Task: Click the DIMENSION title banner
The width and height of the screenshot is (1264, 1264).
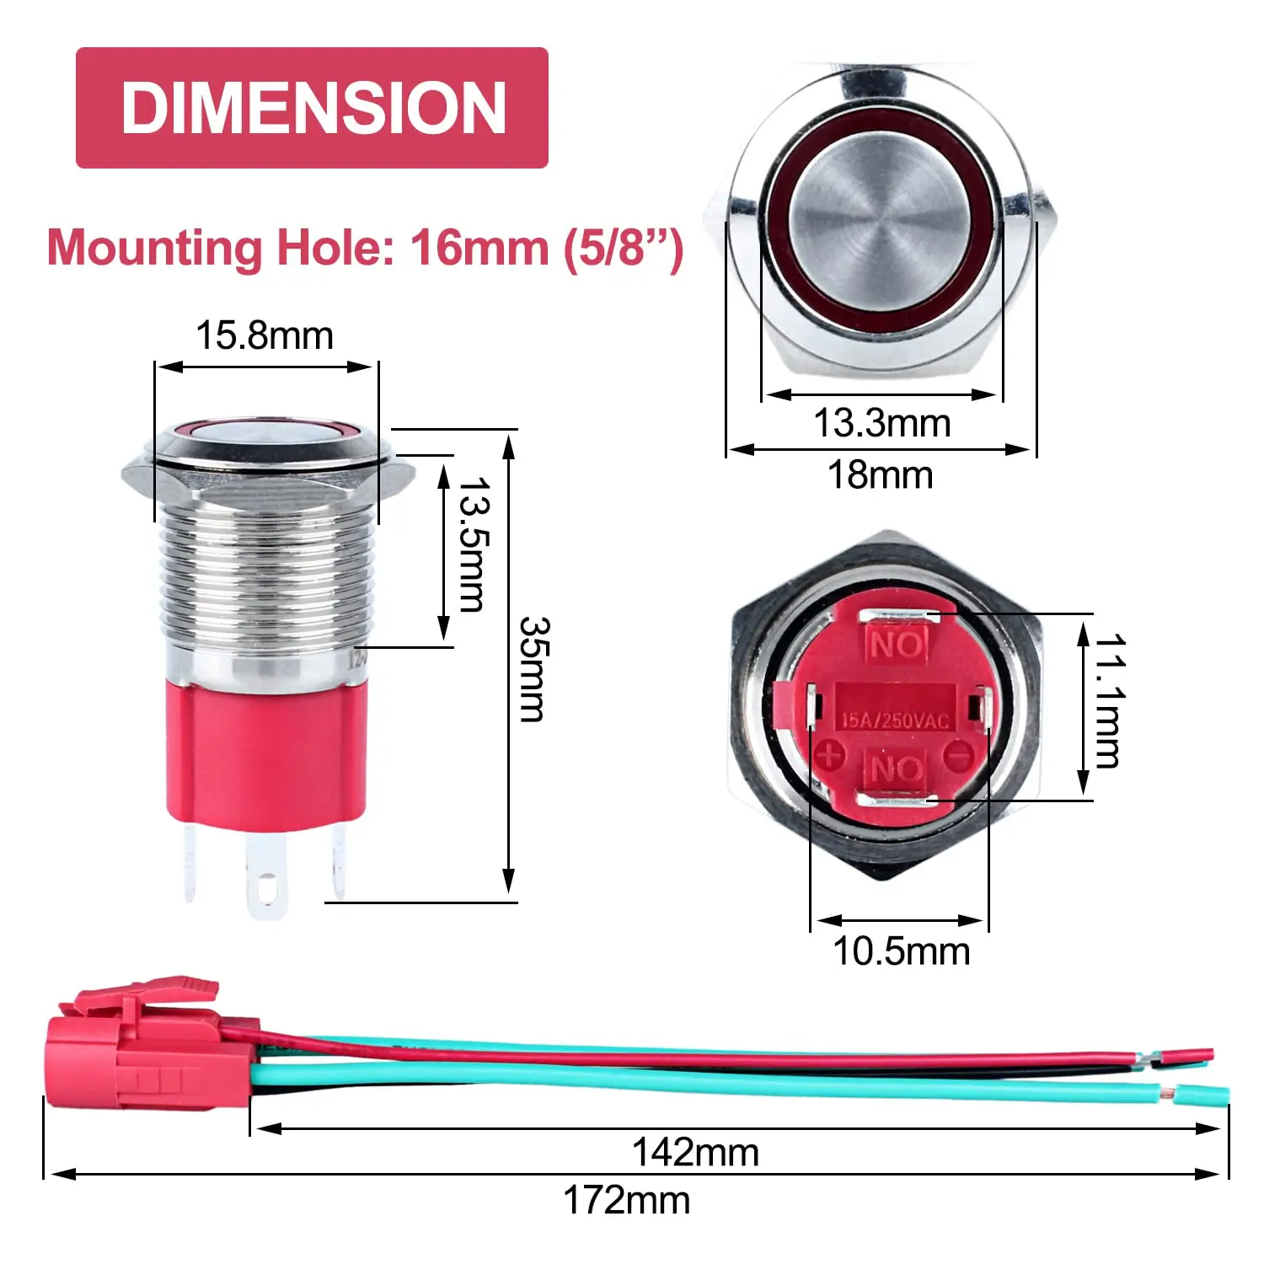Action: tap(312, 108)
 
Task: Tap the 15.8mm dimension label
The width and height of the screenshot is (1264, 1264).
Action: tap(265, 335)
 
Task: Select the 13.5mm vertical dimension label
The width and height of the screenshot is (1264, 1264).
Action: tap(473, 544)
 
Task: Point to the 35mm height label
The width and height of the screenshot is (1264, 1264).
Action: tap(533, 669)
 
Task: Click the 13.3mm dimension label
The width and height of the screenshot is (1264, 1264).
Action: tap(881, 423)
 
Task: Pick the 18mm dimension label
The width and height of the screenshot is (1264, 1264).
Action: tap(881, 475)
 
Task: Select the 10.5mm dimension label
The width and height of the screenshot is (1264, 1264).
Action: tap(901, 951)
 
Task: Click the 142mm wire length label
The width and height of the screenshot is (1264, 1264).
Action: tap(695, 1152)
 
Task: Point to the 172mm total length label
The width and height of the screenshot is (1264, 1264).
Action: tap(626, 1200)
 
